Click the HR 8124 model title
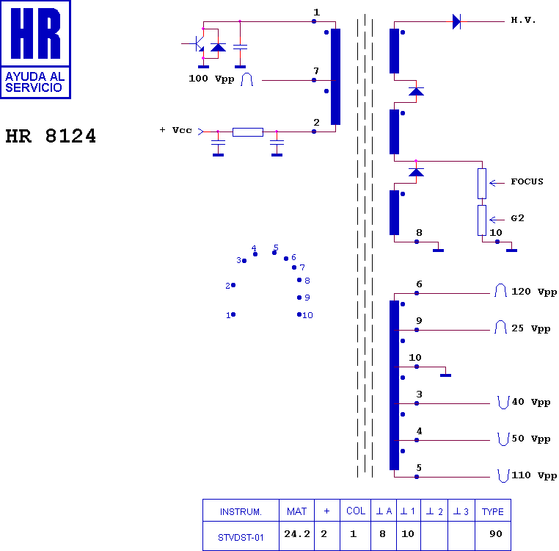pos(51,136)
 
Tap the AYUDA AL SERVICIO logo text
pos(35,82)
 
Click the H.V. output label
pos(523,20)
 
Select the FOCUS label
pos(527,181)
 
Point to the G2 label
pos(517,218)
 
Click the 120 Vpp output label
pos(534,292)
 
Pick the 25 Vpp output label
pos(531,328)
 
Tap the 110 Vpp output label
pos(534,475)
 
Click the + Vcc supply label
pos(175,130)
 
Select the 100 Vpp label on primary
pos(211,79)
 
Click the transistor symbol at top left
pos(197,43)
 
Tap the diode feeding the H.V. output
pos(456,22)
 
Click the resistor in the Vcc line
pos(248,132)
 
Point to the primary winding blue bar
pos(335,77)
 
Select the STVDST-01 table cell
pos(241,538)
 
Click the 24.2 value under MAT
pos(297,534)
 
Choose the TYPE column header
pos(493,512)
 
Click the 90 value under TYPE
pos(495,534)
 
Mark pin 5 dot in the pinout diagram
pos(274,253)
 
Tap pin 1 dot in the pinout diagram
pos(233,314)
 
